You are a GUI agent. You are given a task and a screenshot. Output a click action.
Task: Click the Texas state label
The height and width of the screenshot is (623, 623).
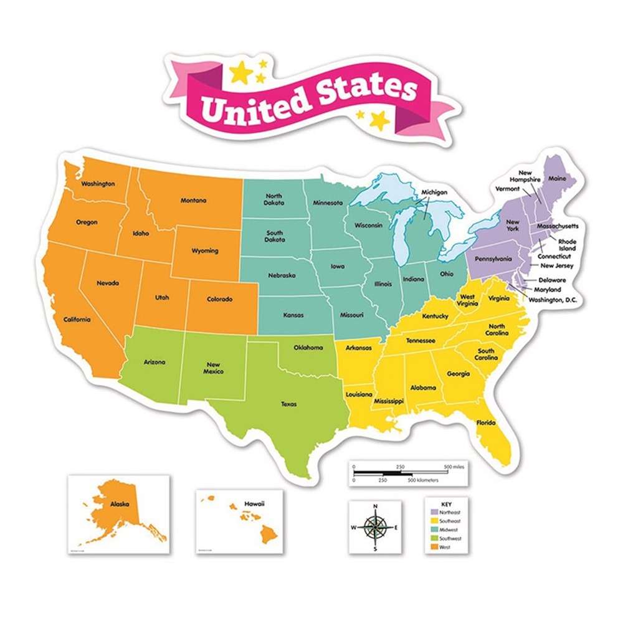(x=288, y=404)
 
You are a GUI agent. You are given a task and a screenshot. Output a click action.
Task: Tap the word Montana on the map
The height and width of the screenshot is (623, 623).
(x=193, y=201)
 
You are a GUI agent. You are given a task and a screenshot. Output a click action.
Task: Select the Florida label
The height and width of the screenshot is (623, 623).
(x=487, y=424)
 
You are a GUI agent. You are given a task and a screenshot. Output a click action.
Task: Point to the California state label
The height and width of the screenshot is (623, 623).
(x=77, y=320)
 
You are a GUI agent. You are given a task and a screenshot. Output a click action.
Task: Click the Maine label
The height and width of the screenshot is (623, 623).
(x=556, y=179)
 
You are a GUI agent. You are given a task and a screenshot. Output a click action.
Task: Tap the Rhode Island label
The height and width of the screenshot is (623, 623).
(x=567, y=244)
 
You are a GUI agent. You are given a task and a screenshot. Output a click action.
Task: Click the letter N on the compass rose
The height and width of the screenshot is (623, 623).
(x=374, y=506)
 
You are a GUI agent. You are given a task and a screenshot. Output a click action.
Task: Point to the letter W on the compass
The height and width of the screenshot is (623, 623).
(x=354, y=528)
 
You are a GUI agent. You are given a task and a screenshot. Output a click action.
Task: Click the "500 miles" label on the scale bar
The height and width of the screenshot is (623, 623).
(x=454, y=467)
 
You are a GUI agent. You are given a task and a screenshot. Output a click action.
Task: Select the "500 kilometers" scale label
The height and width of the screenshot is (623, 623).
(x=424, y=480)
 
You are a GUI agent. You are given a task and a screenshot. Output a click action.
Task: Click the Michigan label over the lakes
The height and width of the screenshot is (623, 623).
(x=434, y=193)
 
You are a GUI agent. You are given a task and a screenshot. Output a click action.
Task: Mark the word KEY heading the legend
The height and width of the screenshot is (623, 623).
(x=445, y=502)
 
